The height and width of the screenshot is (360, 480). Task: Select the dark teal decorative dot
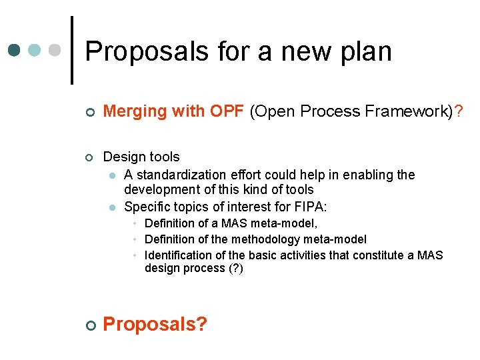pos(14,51)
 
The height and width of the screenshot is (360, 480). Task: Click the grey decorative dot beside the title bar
pos(56,51)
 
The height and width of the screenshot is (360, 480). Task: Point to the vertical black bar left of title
pos(71,50)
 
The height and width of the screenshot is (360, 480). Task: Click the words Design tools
pos(141,157)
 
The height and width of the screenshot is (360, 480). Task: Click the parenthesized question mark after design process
pos(236,268)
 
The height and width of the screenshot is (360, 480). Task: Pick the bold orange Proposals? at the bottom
pos(155,324)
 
